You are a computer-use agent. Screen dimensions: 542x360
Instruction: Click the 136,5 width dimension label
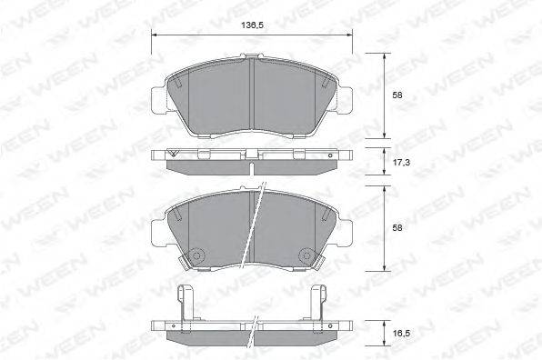click(x=252, y=25)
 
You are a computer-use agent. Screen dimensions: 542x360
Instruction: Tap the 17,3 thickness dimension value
click(x=401, y=162)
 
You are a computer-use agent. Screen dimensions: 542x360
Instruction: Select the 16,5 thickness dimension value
click(x=401, y=334)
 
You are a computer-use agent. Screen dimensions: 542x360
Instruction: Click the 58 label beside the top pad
click(x=397, y=95)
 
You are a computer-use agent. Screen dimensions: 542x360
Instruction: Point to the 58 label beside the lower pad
click(x=397, y=228)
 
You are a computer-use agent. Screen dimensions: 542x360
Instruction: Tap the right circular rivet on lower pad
click(x=306, y=255)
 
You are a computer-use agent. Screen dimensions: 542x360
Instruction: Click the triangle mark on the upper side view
click(x=173, y=154)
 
